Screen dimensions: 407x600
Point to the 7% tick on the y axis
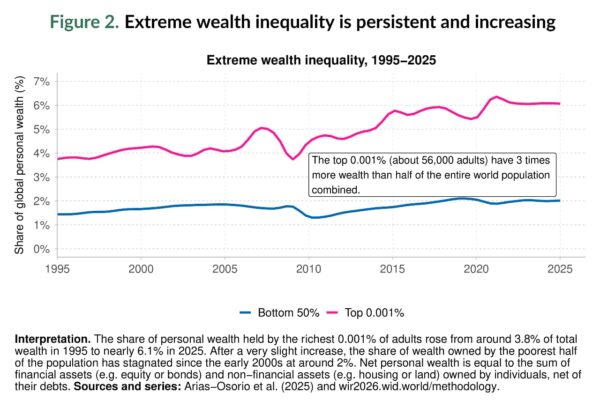pos(42,81)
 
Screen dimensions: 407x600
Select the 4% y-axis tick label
pos(42,153)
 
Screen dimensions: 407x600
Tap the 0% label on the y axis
pos(42,249)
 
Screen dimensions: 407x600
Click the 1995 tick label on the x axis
pos(57,269)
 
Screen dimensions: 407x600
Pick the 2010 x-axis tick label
pos(310,269)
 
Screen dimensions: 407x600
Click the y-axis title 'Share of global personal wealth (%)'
pos(19,165)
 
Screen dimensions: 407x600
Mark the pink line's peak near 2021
pos(497,97)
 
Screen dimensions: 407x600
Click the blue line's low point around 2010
pos(314,217)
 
